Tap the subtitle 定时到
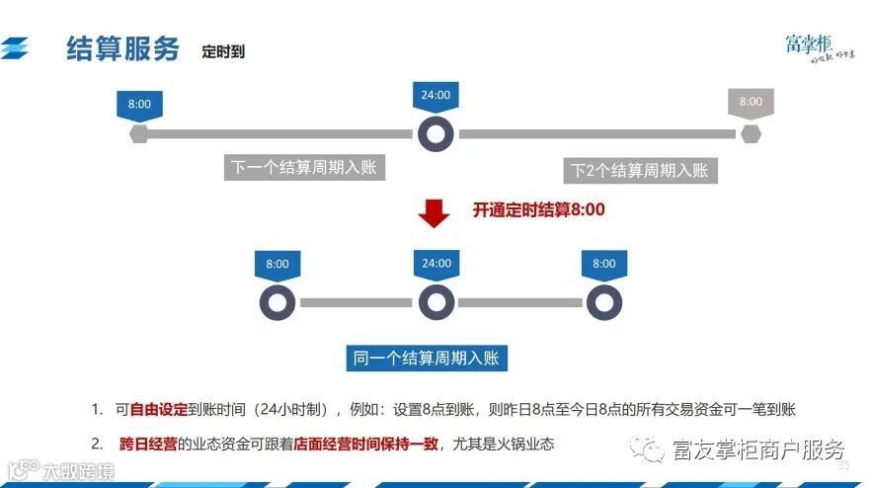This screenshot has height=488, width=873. [x=222, y=51]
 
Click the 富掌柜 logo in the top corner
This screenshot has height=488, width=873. [x=809, y=45]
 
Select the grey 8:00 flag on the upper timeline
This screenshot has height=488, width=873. [x=751, y=102]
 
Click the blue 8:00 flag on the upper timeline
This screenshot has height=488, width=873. [x=139, y=103]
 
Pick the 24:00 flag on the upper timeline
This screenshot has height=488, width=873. [x=436, y=97]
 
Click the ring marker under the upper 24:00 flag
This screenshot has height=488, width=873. [x=436, y=133]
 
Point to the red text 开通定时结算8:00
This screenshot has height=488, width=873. [x=538, y=209]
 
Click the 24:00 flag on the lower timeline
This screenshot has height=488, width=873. [x=436, y=264]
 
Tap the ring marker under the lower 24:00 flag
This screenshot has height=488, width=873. [x=436, y=302]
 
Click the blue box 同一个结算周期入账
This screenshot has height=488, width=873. [x=426, y=358]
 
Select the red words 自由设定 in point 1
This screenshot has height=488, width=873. [x=158, y=409]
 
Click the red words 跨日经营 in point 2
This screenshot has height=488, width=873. [x=148, y=444]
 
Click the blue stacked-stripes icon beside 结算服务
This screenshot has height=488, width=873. [x=17, y=47]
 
